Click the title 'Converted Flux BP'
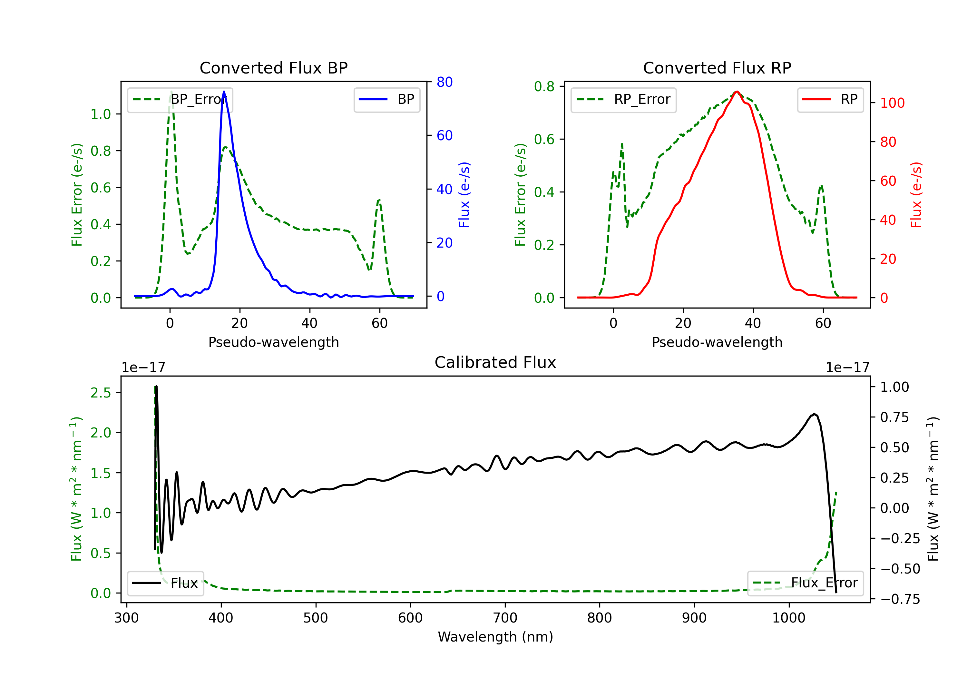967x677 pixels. click(273, 68)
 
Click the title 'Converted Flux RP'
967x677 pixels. click(717, 68)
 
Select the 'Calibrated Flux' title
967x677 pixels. click(495, 362)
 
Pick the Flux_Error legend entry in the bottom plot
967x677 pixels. click(805, 583)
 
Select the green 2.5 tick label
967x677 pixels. click(101, 393)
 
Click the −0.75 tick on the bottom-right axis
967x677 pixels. click(900, 599)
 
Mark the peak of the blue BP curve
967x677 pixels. click(224, 92)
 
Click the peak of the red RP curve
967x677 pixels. click(737, 92)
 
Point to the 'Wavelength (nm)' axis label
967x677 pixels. click(495, 637)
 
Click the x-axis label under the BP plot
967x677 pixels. click(274, 342)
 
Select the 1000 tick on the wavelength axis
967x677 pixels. click(788, 618)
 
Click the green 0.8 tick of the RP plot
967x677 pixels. click(544, 86)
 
